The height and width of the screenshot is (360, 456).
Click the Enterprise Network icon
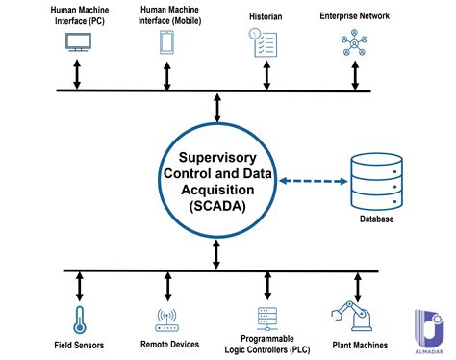pos(353,43)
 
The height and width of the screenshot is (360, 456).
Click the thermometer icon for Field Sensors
pos(74,319)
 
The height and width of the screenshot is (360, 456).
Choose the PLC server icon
pos(266,319)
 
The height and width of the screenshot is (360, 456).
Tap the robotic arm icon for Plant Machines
pos(354,317)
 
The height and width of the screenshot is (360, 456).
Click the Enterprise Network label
pos(354,16)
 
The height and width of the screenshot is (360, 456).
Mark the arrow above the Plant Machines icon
pos(358,286)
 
